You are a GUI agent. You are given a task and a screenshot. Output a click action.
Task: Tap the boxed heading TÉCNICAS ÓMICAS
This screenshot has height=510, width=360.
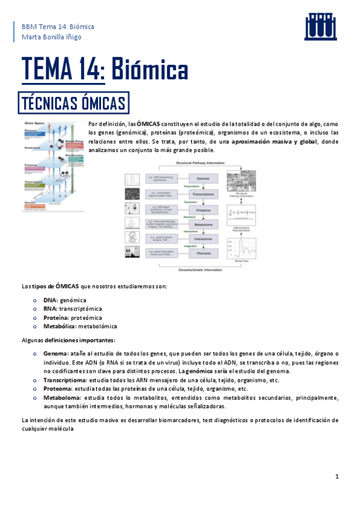(73, 100)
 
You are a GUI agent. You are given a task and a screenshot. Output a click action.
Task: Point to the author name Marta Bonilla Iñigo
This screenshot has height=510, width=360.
(51, 37)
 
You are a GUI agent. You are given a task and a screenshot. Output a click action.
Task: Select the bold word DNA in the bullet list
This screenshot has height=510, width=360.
(50, 300)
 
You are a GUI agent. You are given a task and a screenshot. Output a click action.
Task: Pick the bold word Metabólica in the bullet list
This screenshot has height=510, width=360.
(59, 327)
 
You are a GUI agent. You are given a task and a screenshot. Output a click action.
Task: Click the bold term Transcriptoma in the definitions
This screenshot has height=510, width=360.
(66, 380)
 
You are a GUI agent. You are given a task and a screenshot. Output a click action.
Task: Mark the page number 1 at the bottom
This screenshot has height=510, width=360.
(338, 477)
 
